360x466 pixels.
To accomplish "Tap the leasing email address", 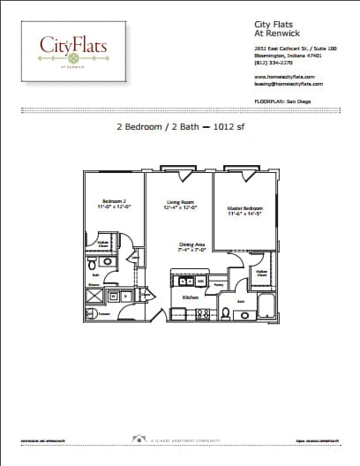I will point(288,84).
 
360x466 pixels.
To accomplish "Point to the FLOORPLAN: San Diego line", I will point(282,101).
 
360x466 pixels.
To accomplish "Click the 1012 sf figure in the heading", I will point(224,127).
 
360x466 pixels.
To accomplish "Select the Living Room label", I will point(180,207).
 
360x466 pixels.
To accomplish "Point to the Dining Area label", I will point(191,247).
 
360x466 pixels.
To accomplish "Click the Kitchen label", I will point(190,297).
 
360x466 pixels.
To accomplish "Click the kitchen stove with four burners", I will point(203,312).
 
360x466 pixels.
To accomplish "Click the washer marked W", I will point(112,297).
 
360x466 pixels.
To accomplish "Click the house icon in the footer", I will point(139,438).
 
